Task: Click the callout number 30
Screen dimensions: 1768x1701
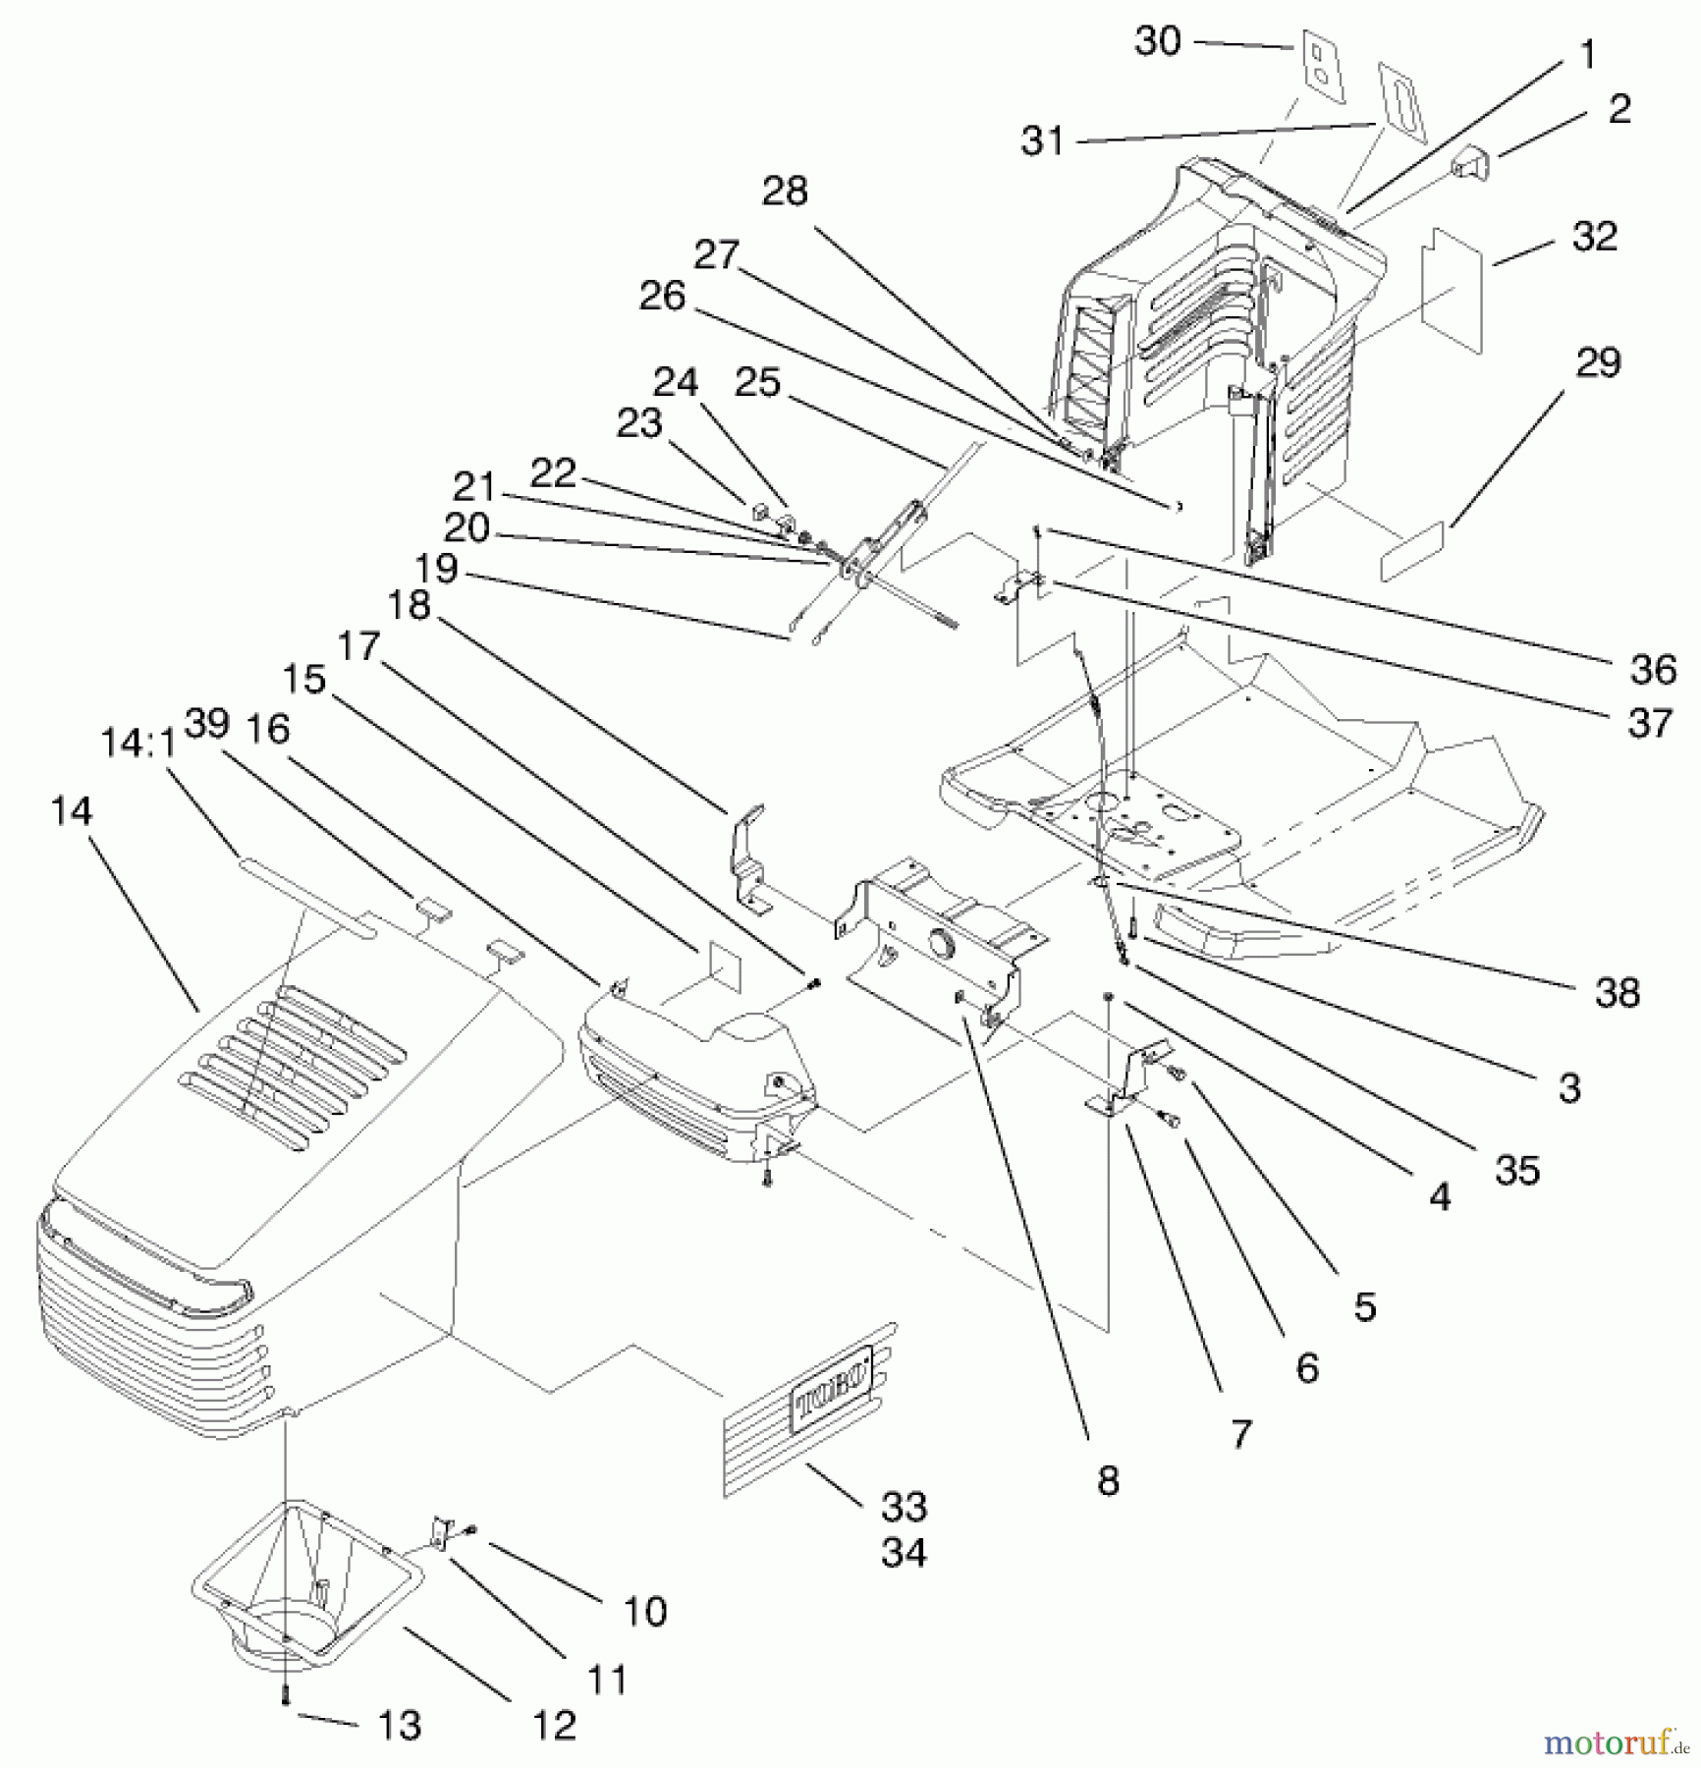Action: click(1157, 41)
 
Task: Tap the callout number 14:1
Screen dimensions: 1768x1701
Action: click(138, 744)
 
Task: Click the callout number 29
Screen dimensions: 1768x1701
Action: click(1598, 363)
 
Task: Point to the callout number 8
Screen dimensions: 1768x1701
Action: click(1108, 1480)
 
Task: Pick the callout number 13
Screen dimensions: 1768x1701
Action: click(399, 1725)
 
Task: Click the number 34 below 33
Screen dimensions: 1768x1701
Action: click(904, 1553)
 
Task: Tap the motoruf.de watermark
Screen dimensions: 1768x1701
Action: click(1616, 1743)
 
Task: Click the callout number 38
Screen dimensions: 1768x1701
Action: click(1617, 993)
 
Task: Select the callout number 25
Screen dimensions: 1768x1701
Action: click(757, 382)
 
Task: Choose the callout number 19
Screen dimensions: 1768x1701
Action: click(436, 569)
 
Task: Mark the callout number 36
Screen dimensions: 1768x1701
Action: click(1653, 670)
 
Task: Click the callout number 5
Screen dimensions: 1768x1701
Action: click(1365, 1306)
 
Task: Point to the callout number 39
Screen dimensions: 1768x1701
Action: click(207, 724)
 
